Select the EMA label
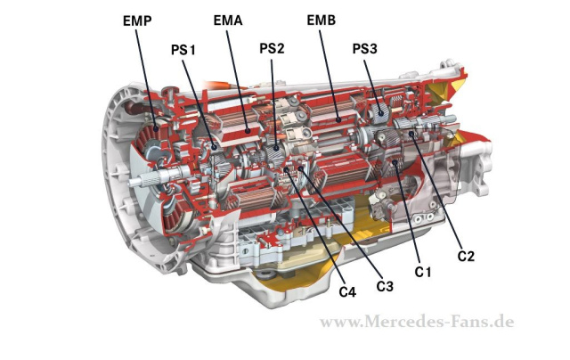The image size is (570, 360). pyautogui.click(x=230, y=19)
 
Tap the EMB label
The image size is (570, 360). pyautogui.click(x=322, y=19)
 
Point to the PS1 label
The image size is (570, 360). pyautogui.click(x=183, y=49)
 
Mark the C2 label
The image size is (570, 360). pyautogui.click(x=466, y=257)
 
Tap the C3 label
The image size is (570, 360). pyautogui.click(x=385, y=286)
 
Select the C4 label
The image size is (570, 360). pyautogui.click(x=347, y=292)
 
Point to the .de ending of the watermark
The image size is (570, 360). pyautogui.click(x=502, y=322)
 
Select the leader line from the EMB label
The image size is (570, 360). pyautogui.click(x=330, y=71)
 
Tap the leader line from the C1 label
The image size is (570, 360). pyautogui.click(x=409, y=214)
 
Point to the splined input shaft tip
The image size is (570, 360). pyautogui.click(x=133, y=184)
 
